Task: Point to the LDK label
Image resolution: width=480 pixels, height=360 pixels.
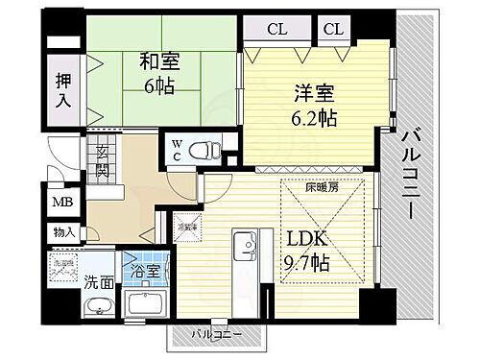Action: (x=303, y=237)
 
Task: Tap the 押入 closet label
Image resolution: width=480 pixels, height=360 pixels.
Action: (x=60, y=89)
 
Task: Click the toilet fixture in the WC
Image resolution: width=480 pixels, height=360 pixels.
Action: (x=203, y=150)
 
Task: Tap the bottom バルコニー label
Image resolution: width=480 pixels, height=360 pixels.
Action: (x=214, y=335)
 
